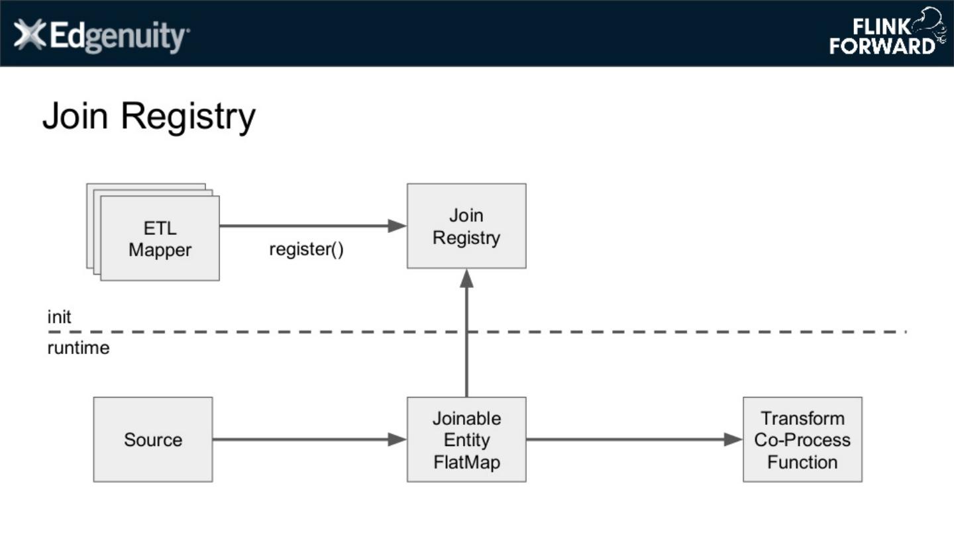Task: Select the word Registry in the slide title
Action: point(188,116)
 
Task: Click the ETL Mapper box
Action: point(160,238)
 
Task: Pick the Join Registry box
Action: point(466,226)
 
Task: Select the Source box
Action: point(153,439)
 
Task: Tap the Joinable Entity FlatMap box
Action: point(466,439)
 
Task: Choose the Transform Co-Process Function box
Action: point(802,439)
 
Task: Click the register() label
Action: point(306,250)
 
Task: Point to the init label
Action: point(59,317)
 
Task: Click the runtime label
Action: point(78,348)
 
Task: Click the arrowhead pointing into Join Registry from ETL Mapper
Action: point(397,226)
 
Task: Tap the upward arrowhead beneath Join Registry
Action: point(466,278)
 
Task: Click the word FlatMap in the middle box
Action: point(466,461)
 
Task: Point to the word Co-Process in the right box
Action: point(802,440)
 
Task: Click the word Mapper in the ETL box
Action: point(160,250)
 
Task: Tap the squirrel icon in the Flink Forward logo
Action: point(929,25)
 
